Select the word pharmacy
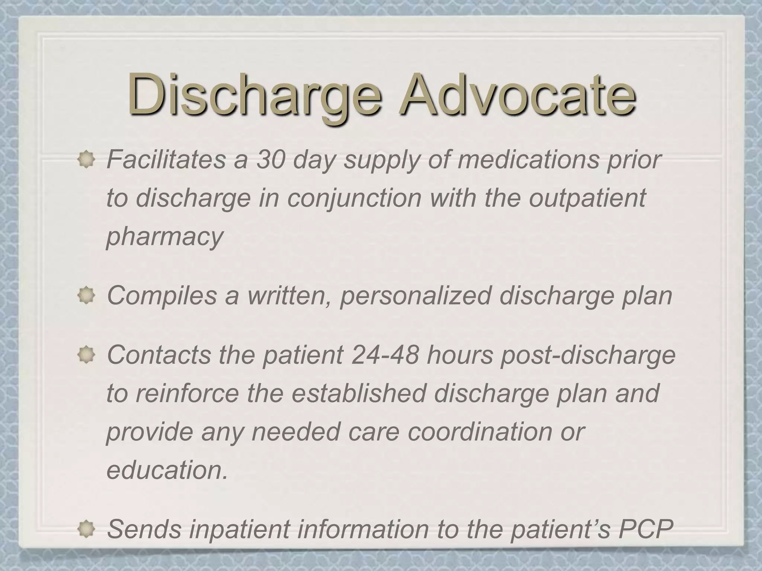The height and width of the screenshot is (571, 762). (164, 237)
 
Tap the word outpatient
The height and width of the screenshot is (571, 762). (587, 199)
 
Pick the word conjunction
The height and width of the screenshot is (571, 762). (354, 199)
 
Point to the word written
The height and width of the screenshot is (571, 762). (289, 296)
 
